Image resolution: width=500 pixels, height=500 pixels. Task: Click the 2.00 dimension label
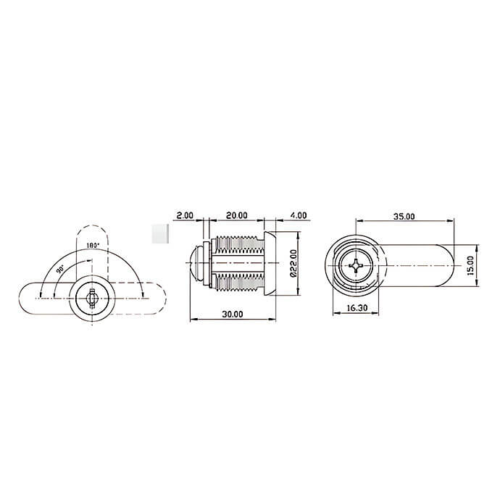185,215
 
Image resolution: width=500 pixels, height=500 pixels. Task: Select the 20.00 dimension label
237,215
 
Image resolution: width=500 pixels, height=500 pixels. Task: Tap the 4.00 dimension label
298,215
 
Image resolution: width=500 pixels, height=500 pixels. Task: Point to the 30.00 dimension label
233,314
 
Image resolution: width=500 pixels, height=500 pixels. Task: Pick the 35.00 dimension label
404,217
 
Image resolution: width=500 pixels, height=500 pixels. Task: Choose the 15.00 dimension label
471,265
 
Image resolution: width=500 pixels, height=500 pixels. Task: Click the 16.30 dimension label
357,308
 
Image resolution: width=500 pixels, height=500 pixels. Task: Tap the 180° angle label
93,246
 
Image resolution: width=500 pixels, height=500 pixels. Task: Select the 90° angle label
60,270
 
